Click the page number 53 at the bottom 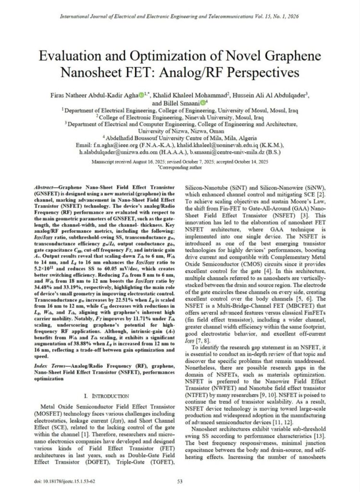(x=180, y=480)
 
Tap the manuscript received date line (x=180, y=162)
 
